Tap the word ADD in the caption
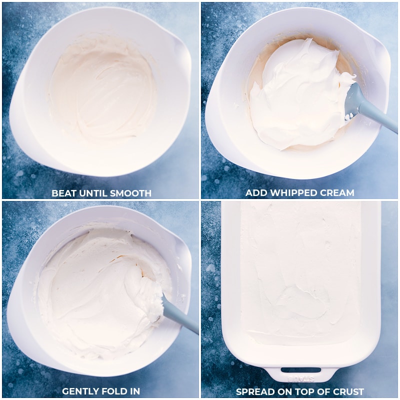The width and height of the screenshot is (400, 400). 256,192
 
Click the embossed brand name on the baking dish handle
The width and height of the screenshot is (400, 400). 301,379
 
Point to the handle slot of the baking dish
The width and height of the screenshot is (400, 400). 301,370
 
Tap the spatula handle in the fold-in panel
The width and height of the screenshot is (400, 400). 180,317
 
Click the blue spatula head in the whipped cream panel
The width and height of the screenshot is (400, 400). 353,98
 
